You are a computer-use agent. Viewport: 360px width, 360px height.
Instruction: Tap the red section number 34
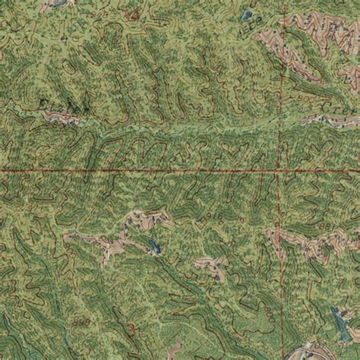coord(134,14)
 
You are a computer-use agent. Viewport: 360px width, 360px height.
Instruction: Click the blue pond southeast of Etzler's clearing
coord(154,247)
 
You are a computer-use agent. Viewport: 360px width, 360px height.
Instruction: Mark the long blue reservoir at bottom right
coord(335,327)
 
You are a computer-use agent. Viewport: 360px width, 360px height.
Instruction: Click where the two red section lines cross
coord(283,172)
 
